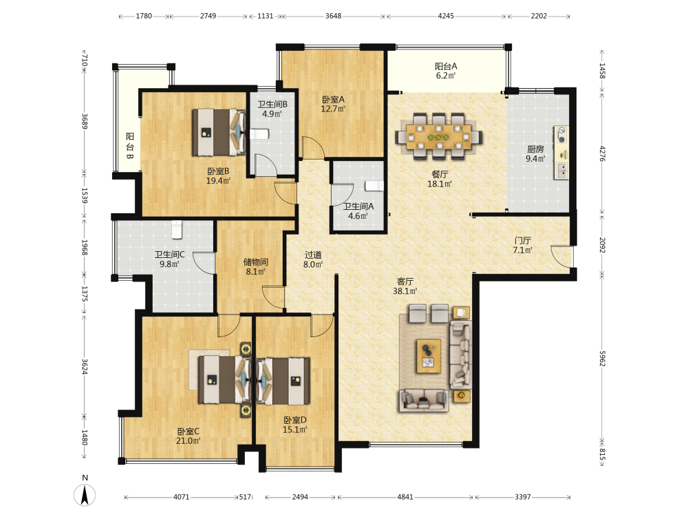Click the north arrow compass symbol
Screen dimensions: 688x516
[x=85, y=495]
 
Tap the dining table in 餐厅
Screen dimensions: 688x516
[x=439, y=137]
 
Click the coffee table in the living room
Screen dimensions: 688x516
[x=429, y=356]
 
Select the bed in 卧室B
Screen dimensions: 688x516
[x=219, y=132]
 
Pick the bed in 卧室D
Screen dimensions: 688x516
[x=283, y=381]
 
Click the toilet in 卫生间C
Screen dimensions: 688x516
[x=177, y=230]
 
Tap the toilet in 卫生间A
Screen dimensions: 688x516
[x=374, y=186]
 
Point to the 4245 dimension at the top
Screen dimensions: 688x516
[x=446, y=16]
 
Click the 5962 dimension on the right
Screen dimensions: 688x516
[x=602, y=358]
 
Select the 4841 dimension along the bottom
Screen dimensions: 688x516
[x=405, y=497]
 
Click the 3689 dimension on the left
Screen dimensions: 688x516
[x=85, y=121]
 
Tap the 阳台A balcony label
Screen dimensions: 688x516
[x=446, y=66]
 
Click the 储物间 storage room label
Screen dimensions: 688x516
[x=256, y=262]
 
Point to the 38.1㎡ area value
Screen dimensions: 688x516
[x=405, y=291]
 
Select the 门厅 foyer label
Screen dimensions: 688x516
[x=523, y=240]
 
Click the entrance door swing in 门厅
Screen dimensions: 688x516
[x=561, y=256]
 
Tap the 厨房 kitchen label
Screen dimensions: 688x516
[x=535, y=149]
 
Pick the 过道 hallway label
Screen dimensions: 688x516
[x=313, y=255]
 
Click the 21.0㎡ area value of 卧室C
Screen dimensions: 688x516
[x=189, y=441]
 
